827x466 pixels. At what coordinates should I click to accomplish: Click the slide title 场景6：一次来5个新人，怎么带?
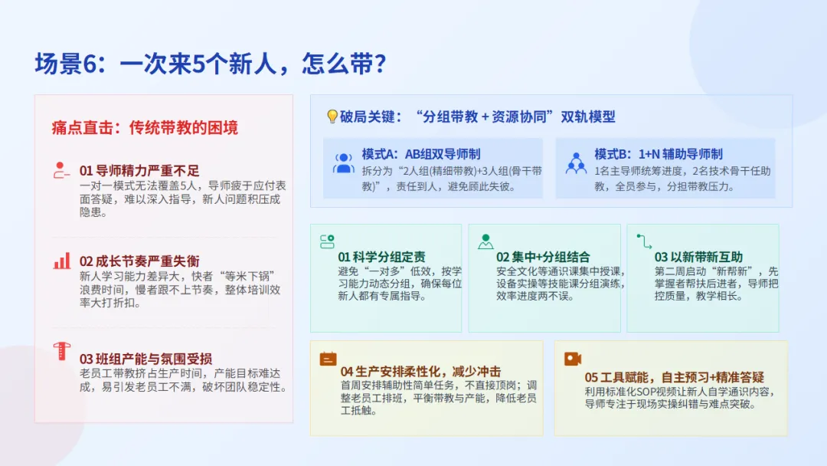(x=211, y=64)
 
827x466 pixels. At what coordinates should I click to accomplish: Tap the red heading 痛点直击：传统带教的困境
(x=145, y=128)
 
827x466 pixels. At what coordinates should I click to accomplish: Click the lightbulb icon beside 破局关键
(x=332, y=116)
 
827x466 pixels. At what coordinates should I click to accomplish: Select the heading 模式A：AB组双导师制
(x=421, y=154)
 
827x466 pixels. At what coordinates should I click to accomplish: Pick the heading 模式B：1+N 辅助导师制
(x=659, y=154)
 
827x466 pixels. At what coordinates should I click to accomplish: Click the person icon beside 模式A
(x=343, y=163)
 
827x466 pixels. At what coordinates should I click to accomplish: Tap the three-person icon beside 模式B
(x=576, y=163)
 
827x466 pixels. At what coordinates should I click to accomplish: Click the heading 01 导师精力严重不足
(x=139, y=170)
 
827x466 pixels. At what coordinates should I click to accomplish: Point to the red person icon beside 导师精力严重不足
(x=61, y=170)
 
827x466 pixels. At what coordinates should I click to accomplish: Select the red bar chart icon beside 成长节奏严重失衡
(x=62, y=261)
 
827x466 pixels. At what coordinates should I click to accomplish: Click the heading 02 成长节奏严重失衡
(x=139, y=261)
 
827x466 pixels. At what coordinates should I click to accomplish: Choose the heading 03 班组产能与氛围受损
(x=145, y=359)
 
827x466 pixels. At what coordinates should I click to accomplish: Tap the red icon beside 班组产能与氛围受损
(x=62, y=351)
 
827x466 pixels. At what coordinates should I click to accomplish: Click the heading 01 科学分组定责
(x=381, y=257)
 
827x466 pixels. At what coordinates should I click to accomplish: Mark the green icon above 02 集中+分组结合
(x=485, y=241)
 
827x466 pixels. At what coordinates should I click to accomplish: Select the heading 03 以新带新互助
(x=698, y=257)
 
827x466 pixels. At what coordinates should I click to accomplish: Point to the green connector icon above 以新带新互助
(x=644, y=241)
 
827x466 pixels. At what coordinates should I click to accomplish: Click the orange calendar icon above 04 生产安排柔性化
(x=328, y=359)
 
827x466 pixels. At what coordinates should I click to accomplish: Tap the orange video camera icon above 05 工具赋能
(x=572, y=359)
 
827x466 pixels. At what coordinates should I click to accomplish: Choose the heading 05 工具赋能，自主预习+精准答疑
(x=674, y=377)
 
